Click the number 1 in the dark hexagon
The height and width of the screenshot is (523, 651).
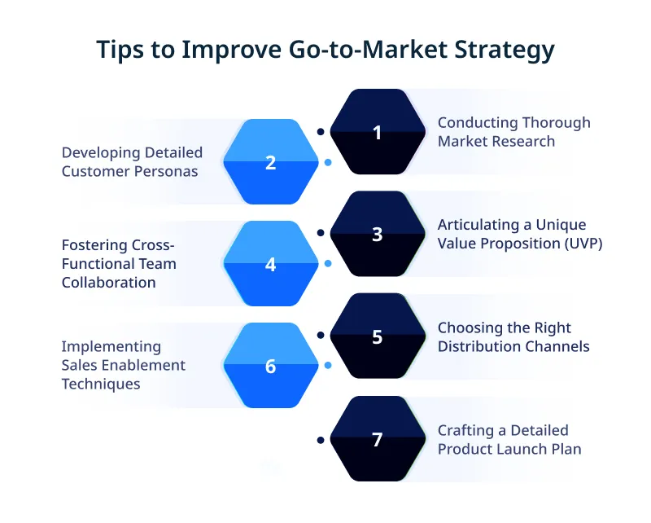(x=377, y=133)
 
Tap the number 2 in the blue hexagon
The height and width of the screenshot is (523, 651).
(x=271, y=162)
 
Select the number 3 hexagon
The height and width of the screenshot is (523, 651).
(x=377, y=235)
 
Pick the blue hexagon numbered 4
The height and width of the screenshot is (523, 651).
(x=271, y=265)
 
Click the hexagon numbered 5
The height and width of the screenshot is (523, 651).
(x=377, y=337)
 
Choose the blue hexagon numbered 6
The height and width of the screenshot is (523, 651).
(x=271, y=367)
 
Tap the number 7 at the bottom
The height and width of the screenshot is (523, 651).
(x=377, y=440)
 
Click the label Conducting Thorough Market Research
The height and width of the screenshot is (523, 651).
(x=513, y=132)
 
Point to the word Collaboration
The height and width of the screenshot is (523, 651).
(x=109, y=283)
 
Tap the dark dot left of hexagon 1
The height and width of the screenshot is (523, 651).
(x=321, y=131)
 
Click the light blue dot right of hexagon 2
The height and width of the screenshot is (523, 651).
(x=327, y=162)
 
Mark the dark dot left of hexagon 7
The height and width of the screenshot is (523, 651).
(x=321, y=440)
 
